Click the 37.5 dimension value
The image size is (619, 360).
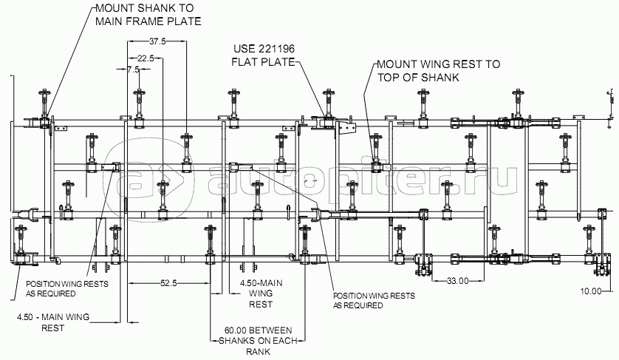tap(157, 41)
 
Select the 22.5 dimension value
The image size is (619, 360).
tap(146, 58)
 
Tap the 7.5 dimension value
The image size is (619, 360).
tap(134, 69)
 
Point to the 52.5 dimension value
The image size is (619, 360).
tap(168, 283)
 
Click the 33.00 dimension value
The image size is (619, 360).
tap(458, 281)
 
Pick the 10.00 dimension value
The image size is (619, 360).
tap(591, 291)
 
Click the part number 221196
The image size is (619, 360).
tap(276, 49)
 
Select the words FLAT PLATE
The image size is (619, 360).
tap(263, 62)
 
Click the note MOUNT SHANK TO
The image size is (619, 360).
tap(145, 8)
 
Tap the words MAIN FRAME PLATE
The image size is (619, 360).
tap(148, 21)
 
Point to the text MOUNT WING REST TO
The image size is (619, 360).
tap(439, 64)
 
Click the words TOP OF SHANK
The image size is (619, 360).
tap(418, 77)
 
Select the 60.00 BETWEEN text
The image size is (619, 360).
tap(259, 330)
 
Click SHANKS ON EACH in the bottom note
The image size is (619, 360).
tap(258, 341)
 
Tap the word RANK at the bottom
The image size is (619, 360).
tap(259, 351)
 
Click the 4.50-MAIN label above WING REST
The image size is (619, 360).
tap(261, 283)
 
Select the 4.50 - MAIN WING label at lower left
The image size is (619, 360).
tap(53, 317)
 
